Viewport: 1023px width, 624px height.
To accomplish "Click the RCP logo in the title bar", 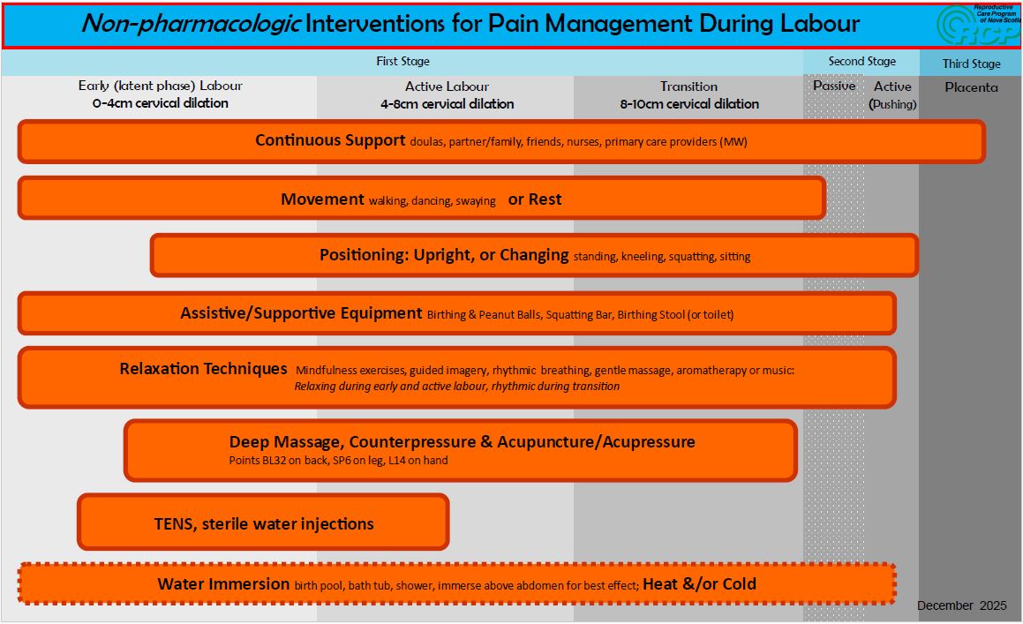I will coord(977,25).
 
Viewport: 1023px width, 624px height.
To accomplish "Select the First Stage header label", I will coord(402,62).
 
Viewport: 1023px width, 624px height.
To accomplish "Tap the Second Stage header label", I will coord(861,62).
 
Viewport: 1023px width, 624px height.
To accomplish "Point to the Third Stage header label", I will coord(971,64).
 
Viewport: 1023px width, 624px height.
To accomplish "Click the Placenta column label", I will coord(971,87).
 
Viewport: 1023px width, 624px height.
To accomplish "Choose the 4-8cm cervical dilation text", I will coord(447,104).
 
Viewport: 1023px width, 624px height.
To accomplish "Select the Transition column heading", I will coord(688,86).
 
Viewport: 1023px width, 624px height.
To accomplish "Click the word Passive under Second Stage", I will coord(834,86).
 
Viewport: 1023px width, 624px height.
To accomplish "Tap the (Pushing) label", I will coord(892,104).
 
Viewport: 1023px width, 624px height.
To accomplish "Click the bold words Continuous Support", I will coord(330,140).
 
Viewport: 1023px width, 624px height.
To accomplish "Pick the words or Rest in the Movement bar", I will coord(535,199).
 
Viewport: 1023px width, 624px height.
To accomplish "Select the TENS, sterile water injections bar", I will coord(264,523).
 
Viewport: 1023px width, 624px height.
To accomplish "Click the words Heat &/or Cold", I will coord(699,583).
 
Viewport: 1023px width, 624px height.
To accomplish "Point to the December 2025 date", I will coord(961,605).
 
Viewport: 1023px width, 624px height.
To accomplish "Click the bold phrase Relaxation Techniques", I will coord(203,369).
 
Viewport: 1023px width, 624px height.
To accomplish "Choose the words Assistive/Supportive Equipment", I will coord(301,313).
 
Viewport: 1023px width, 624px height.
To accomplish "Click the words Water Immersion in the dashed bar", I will coord(223,583).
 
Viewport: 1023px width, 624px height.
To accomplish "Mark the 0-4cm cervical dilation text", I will coord(160,103).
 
